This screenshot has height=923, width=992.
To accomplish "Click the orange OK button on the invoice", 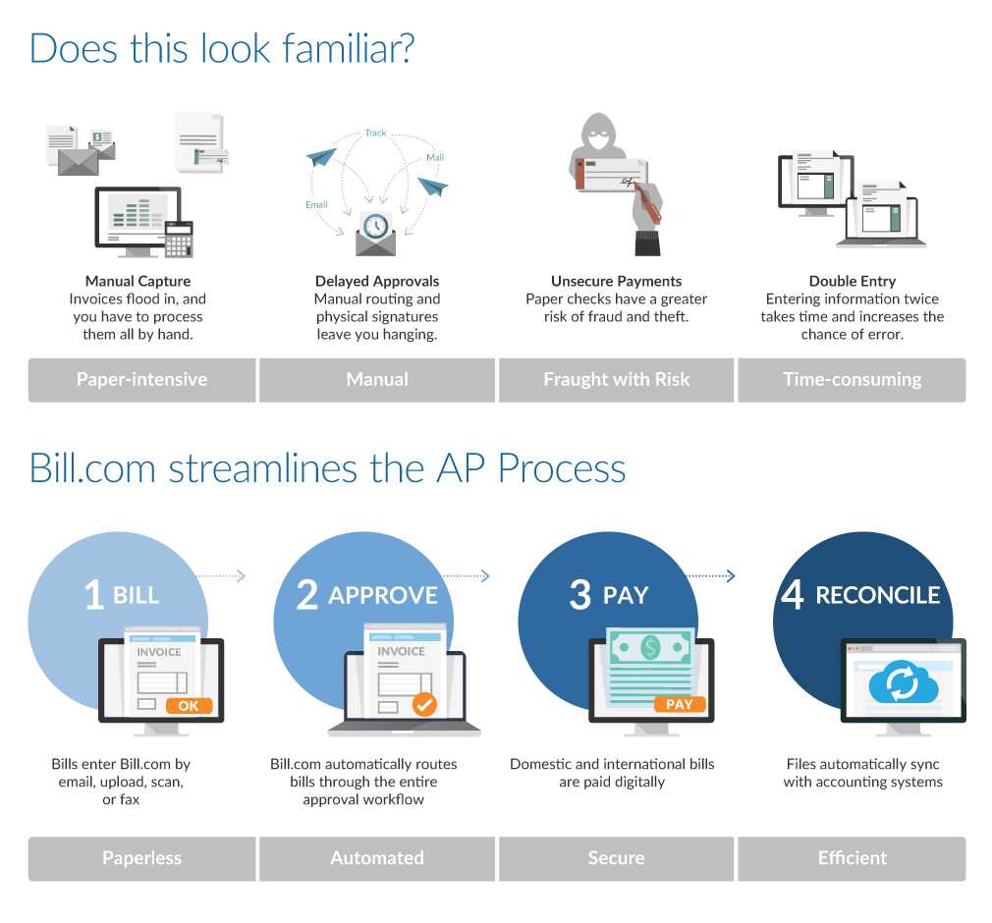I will (189, 705).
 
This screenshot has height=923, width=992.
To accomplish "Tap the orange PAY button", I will (679, 704).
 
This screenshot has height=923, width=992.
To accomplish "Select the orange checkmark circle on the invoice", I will (424, 704).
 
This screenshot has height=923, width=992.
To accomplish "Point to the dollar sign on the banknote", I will (649, 647).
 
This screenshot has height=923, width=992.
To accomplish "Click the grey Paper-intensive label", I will (141, 380).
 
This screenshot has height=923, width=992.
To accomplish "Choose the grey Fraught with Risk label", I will (616, 380).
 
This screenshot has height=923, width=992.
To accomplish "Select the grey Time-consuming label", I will (852, 380).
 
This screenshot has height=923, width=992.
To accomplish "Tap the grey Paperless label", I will (141, 858).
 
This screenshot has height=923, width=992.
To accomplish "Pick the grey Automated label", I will (377, 858).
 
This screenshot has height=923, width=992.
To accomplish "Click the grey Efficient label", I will (852, 858).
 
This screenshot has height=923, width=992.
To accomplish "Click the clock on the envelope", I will (375, 226).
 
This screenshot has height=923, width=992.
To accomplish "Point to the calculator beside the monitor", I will (179, 239).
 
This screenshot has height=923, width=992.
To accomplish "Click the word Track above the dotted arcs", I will (375, 133).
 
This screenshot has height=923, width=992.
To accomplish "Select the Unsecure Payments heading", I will (616, 281).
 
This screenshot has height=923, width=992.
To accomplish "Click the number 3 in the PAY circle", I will (579, 595).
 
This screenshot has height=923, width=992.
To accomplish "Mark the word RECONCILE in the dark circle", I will (877, 595).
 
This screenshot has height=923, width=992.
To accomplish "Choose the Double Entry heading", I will (852, 281).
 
